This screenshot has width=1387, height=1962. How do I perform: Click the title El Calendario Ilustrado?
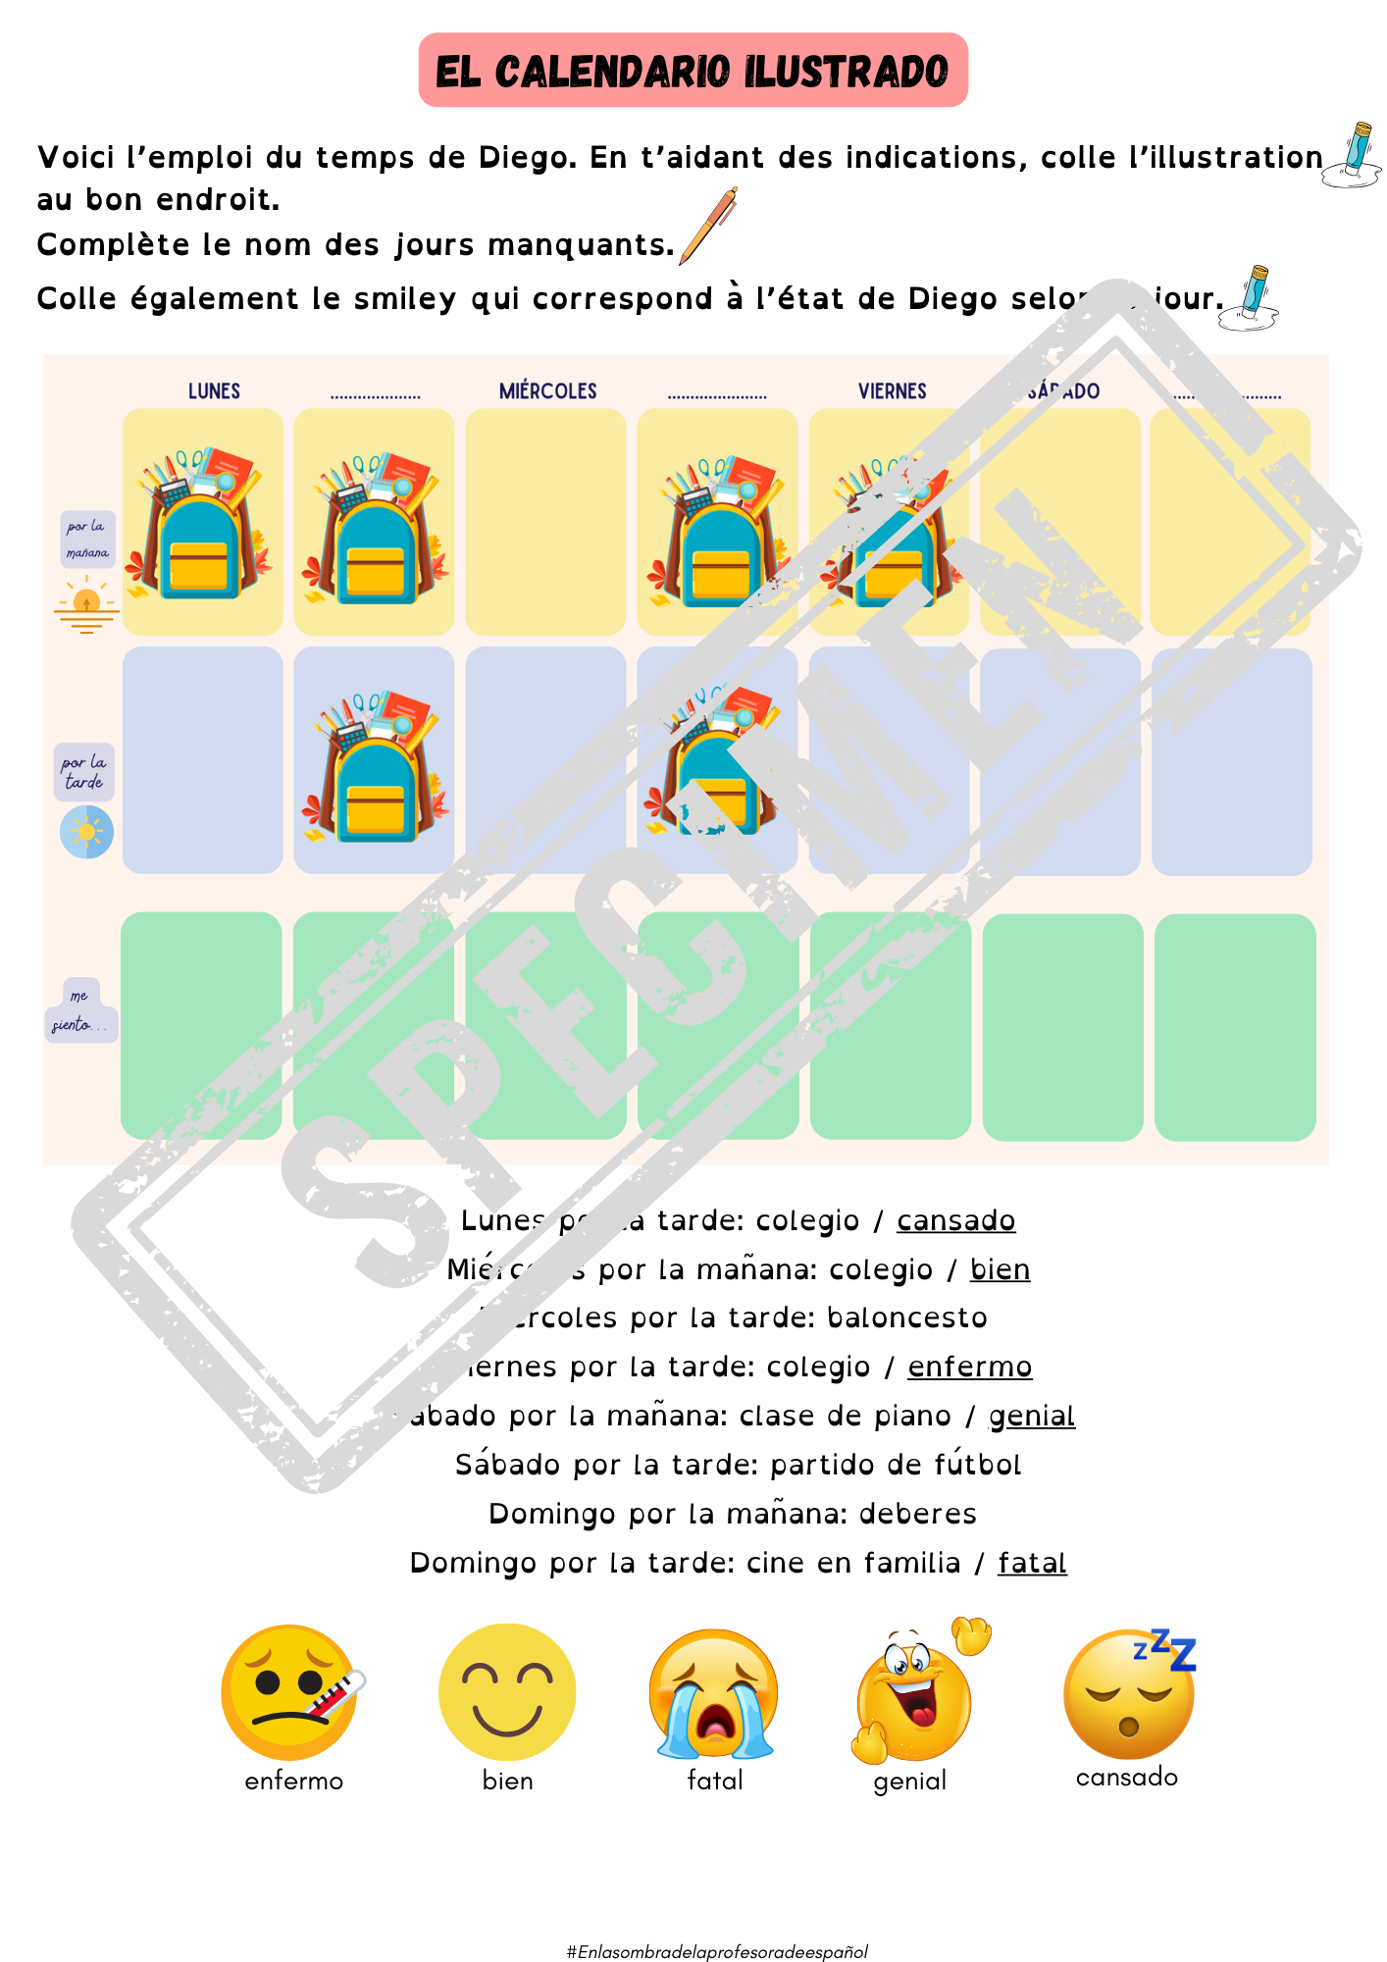pyautogui.click(x=693, y=71)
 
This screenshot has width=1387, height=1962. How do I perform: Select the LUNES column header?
pyautogui.click(x=214, y=390)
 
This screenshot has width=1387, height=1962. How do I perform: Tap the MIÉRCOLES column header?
pyautogui.click(x=547, y=390)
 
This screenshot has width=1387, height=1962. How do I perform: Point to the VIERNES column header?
pyautogui.click(x=892, y=390)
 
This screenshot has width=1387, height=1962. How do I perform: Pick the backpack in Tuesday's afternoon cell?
pyautogui.click(x=374, y=767)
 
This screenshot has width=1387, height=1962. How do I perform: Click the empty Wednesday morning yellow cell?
pyautogui.click(x=545, y=521)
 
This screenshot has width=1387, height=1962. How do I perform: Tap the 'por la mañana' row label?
pyautogui.click(x=87, y=540)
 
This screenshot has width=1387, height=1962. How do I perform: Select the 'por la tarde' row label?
pyautogui.click(x=84, y=772)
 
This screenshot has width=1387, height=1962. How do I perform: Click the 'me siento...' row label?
pyautogui.click(x=80, y=1010)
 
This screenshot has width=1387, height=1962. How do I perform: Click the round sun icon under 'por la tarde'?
pyautogui.click(x=86, y=832)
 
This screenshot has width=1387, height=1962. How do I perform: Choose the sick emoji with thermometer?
pyautogui.click(x=290, y=1692)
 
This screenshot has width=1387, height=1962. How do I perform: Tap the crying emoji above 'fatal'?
pyautogui.click(x=714, y=1694)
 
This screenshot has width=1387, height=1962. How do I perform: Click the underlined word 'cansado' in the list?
pyautogui.click(x=955, y=1220)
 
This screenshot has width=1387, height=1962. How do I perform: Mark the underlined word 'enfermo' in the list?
pyautogui.click(x=969, y=1367)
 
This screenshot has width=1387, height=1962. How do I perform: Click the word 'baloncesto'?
pyautogui.click(x=906, y=1317)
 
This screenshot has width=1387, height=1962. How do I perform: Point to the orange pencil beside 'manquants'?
pyautogui.click(x=708, y=226)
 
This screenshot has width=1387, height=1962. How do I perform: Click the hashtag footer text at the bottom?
pyautogui.click(x=717, y=1951)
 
